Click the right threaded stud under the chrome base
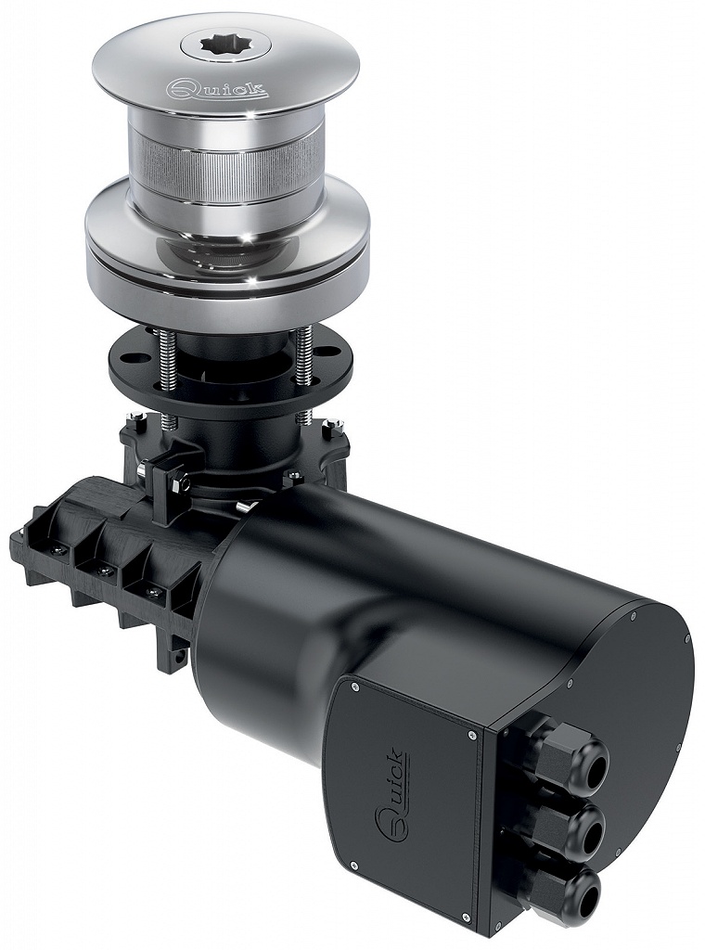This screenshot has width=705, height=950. [304, 362]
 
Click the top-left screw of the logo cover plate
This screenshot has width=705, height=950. [354, 687]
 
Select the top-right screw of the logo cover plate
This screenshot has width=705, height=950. [472, 735]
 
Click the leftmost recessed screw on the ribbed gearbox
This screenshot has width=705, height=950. [58, 550]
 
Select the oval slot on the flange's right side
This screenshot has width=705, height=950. [327, 352]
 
